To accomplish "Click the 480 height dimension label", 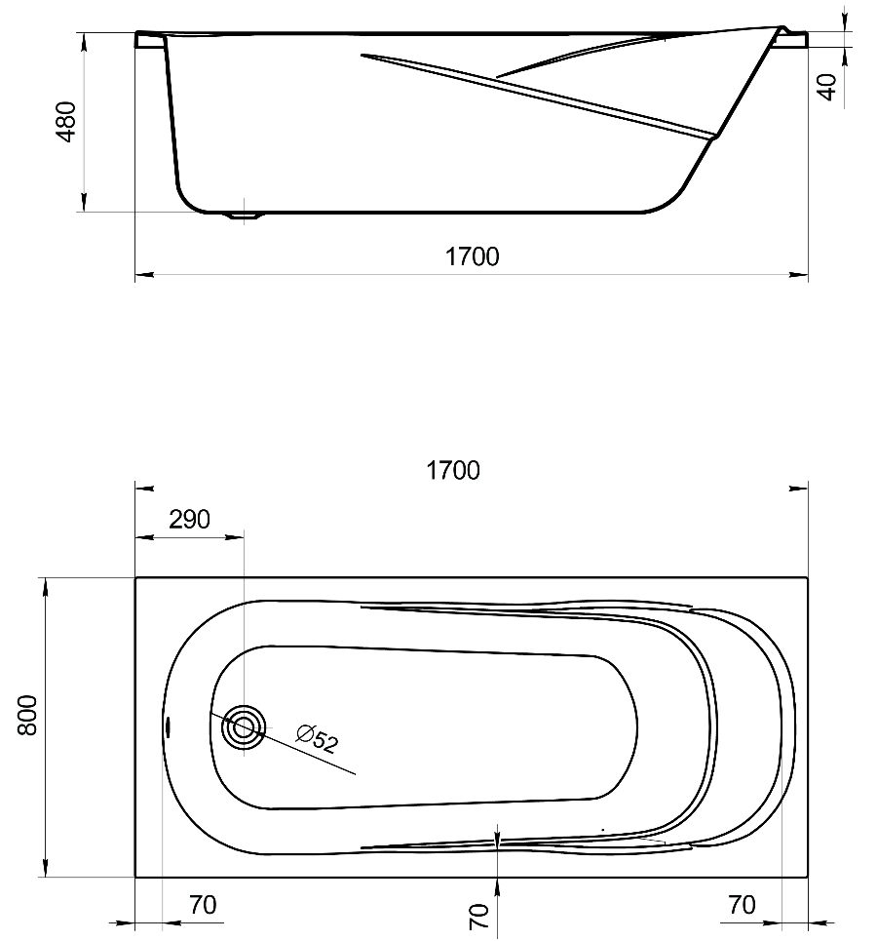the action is pyautogui.click(x=66, y=122).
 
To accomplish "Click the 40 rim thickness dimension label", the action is pyautogui.click(x=827, y=87).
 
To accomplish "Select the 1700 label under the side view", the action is pyautogui.click(x=472, y=256).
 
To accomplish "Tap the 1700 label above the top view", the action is pyautogui.click(x=453, y=470).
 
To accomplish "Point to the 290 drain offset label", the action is pyautogui.click(x=190, y=520).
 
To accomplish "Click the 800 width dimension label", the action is pyautogui.click(x=27, y=716).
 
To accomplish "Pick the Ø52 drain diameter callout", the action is pyautogui.click(x=318, y=739).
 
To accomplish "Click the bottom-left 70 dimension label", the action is pyautogui.click(x=203, y=905).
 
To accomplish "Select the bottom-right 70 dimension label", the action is pyautogui.click(x=742, y=905).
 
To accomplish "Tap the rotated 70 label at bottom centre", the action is pyautogui.click(x=478, y=917).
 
